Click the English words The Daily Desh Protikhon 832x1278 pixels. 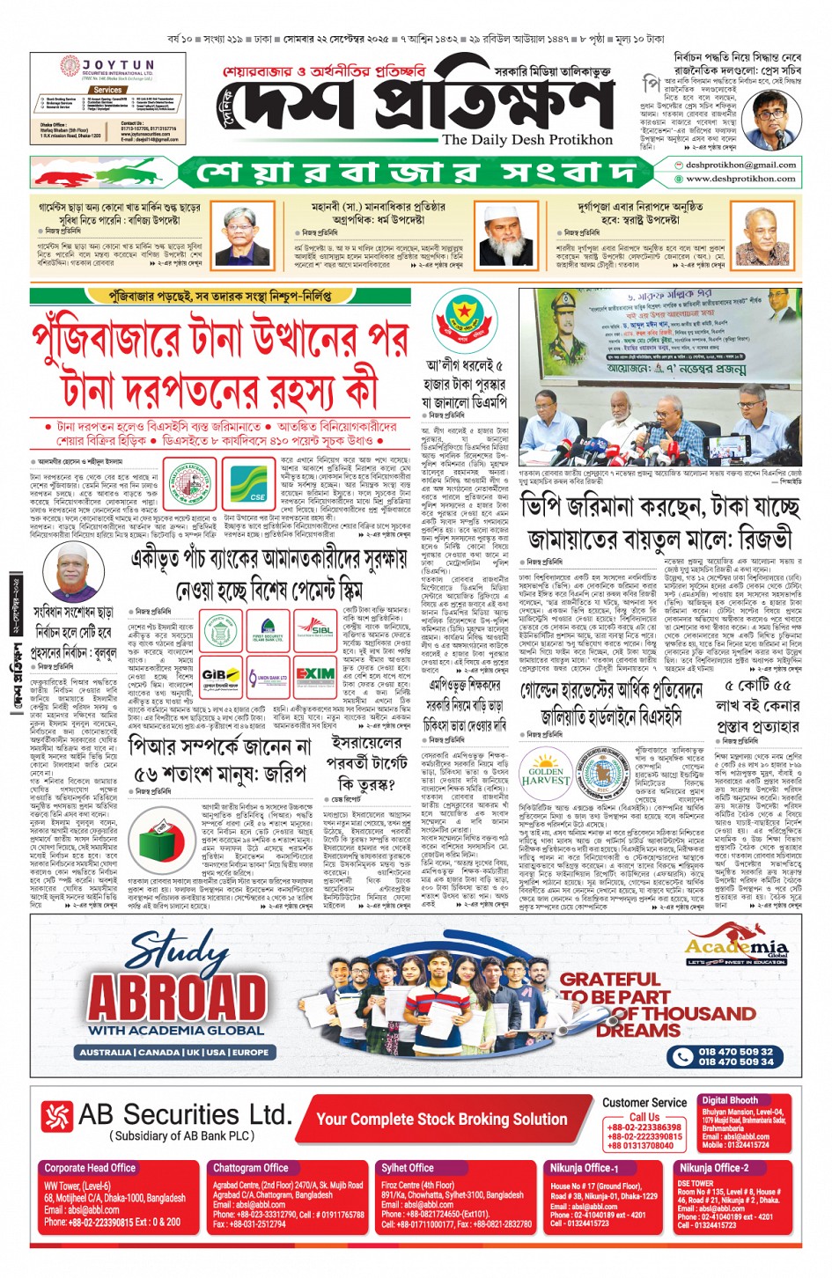527,140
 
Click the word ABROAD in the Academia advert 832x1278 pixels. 177,997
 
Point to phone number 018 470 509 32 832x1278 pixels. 735,1051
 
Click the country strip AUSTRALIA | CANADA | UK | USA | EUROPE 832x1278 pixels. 174,1052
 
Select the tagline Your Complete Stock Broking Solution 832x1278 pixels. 441,1119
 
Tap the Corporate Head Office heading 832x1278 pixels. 90,1168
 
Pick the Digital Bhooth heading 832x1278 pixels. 730,1100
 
